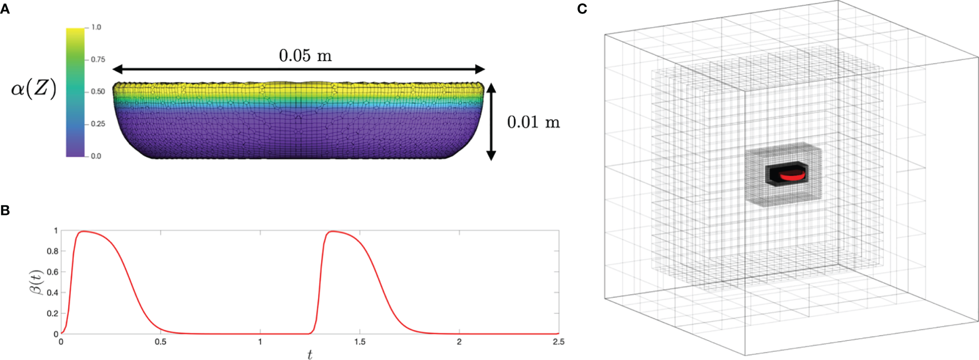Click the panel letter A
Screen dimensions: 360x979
5,9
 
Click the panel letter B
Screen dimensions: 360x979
5,211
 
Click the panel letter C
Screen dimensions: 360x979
582,9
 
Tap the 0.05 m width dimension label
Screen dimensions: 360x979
305,56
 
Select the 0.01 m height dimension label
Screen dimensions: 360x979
533,122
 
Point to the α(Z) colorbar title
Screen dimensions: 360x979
34,89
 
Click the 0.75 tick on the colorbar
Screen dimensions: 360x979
98,60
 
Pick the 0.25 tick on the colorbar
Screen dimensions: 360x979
98,124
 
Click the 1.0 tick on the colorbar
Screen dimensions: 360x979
96,27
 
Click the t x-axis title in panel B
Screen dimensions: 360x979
309,355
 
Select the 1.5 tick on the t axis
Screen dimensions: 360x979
360,342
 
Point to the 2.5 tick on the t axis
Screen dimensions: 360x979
558,342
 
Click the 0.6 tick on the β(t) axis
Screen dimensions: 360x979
53,272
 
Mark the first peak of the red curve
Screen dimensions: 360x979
84,231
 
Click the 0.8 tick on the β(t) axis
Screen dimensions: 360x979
53,251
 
